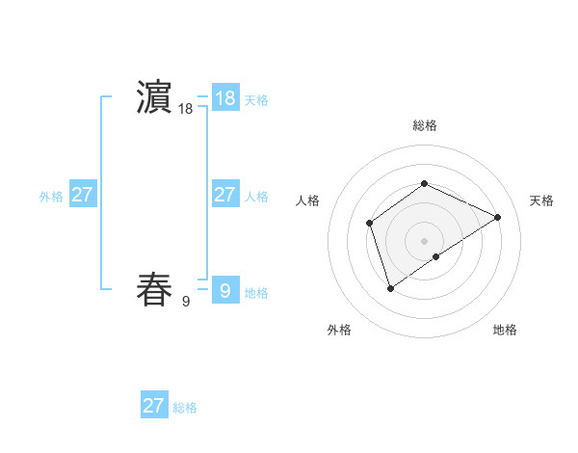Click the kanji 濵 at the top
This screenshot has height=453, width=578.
point(154,97)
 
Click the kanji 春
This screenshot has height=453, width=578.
point(154,289)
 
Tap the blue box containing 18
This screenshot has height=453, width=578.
point(224,97)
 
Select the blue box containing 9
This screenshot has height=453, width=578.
point(224,289)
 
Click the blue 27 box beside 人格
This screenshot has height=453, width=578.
point(224,195)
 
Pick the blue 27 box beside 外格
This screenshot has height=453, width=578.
point(82,195)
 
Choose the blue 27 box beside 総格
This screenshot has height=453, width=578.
point(153,405)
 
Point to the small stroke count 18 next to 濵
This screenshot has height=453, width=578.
point(186,110)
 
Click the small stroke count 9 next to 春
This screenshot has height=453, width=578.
point(186,302)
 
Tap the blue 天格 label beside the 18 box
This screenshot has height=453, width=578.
point(256,99)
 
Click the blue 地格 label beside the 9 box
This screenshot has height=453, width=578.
point(256,293)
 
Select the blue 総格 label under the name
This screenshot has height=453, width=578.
point(185,408)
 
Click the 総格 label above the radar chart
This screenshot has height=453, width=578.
point(424,125)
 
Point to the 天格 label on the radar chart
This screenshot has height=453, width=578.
point(541,200)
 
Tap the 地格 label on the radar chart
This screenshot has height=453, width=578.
point(505,330)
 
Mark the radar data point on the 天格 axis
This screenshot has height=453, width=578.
point(498,217)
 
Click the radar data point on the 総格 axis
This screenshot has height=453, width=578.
point(424,184)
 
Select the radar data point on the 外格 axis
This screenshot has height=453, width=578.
point(390,287)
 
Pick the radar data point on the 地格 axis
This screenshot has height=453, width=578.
point(436,256)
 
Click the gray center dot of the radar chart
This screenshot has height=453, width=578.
point(424,241)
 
